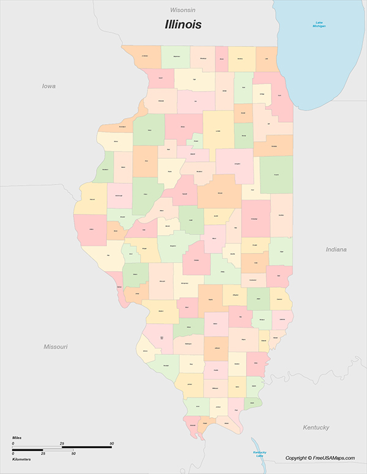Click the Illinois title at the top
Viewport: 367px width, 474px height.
point(183,26)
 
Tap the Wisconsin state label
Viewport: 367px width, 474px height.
point(183,10)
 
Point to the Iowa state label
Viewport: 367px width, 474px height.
point(48,86)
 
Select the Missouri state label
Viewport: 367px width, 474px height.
point(56,346)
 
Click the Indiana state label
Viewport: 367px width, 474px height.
point(336,249)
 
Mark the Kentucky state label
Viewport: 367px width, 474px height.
point(316,427)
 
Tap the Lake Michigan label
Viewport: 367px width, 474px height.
point(319,25)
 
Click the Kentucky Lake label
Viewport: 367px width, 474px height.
point(260,453)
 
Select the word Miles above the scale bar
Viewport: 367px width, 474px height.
point(18,438)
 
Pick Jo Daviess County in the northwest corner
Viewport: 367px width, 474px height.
point(145,56)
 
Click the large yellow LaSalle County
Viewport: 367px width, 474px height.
point(218,130)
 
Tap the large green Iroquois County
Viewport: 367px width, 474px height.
point(276,175)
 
